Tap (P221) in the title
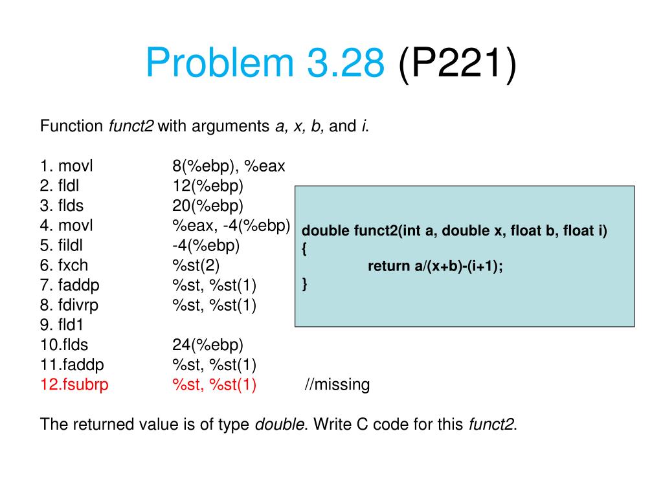458,63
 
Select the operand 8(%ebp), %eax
229,166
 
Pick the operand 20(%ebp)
208,206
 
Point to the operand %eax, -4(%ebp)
230,226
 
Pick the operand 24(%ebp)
208,344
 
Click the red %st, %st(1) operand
214,384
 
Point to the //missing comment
337,384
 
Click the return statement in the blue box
435,266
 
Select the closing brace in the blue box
305,283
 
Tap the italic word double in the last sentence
280,425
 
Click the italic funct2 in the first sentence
130,126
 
